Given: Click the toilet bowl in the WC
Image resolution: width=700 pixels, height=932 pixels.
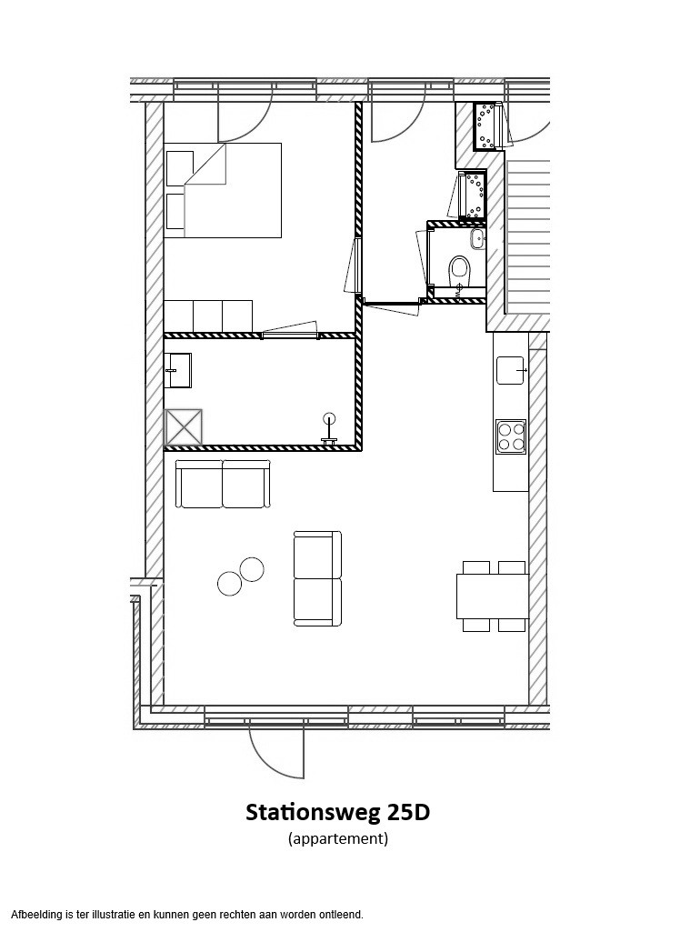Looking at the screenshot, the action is click(x=459, y=270).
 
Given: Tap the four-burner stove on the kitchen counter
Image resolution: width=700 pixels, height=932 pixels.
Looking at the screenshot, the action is click(x=511, y=436).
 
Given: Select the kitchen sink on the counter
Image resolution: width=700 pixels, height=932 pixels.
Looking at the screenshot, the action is click(x=510, y=370).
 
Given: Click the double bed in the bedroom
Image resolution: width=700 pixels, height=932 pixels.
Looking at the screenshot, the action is click(x=224, y=190).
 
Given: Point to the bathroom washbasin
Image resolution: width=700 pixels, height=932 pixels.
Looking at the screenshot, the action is click(x=178, y=370).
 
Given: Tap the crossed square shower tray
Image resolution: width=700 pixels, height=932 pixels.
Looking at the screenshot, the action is click(x=183, y=427).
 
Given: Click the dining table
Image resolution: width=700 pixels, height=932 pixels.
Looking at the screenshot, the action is click(x=493, y=596).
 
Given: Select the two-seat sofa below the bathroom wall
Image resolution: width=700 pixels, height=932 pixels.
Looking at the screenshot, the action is click(x=224, y=484).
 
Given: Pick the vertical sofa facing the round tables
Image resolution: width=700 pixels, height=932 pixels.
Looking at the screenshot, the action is click(x=318, y=579).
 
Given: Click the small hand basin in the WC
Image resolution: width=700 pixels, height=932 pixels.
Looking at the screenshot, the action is click(x=477, y=239).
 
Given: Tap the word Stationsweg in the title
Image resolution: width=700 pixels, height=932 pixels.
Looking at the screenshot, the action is click(x=313, y=812).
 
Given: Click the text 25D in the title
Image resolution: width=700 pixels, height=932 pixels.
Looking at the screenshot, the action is click(x=408, y=812).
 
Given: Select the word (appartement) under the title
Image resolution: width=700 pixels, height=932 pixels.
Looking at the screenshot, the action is click(x=338, y=839).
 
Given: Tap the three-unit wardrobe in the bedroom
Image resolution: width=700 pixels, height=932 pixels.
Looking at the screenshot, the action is click(x=208, y=316).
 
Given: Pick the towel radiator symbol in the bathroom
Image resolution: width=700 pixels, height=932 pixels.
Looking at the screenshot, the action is click(x=328, y=429).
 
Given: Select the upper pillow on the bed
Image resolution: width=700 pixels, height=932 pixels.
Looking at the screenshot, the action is click(x=179, y=169).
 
